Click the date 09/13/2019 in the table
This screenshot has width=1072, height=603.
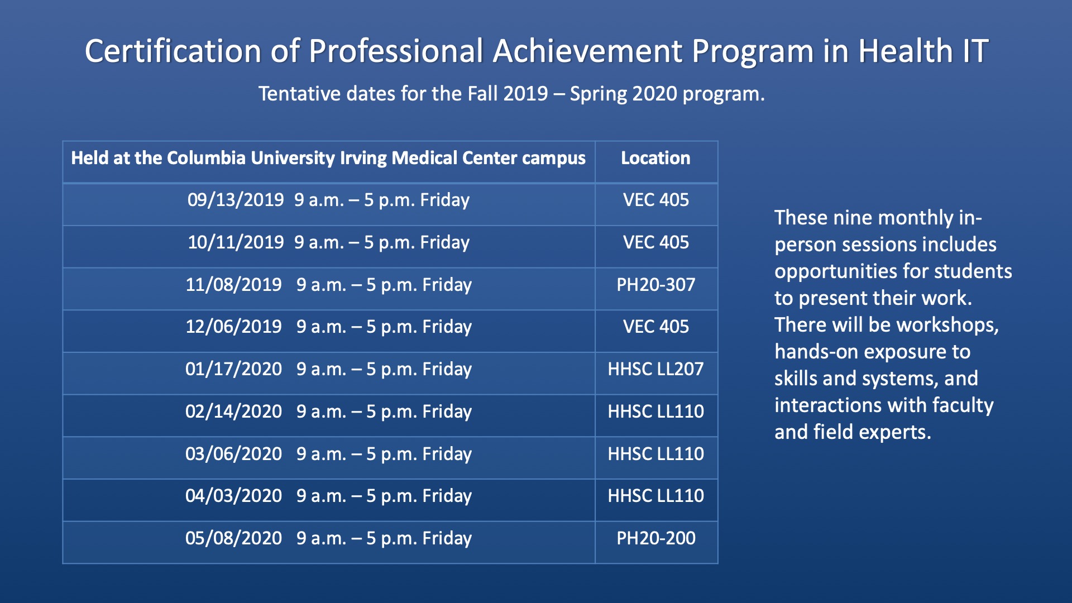tap(236, 200)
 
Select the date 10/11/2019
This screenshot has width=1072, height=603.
tap(236, 242)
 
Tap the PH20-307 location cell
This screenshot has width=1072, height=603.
tap(656, 285)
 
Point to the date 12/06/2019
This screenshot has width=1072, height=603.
tap(233, 327)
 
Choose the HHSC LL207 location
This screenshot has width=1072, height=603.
tap(656, 369)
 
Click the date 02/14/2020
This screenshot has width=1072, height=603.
tap(233, 411)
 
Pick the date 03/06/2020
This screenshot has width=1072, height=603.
tap(233, 454)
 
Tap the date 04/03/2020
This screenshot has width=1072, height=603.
tap(233, 496)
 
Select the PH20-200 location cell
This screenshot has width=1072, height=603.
tap(656, 538)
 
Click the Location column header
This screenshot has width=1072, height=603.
tap(656, 158)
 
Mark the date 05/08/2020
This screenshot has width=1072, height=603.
tap(233, 538)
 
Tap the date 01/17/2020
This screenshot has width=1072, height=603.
tap(233, 369)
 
